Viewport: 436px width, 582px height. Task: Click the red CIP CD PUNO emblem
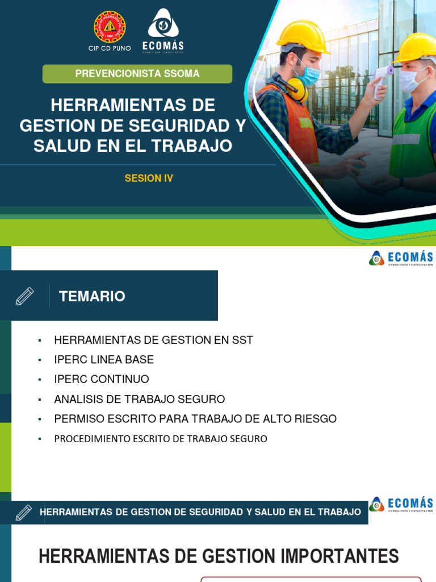click(110, 27)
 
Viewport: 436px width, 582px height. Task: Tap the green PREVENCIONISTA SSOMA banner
click(137, 74)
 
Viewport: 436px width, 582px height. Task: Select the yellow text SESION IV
click(149, 178)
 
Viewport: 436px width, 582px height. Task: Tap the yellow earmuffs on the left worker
click(295, 88)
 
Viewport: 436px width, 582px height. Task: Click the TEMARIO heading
click(92, 296)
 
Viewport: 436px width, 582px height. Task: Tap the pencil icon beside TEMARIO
click(24, 296)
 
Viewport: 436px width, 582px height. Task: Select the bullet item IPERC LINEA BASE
click(104, 360)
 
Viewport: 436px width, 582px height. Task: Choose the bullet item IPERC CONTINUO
click(102, 379)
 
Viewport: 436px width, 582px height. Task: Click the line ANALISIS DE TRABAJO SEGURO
click(140, 399)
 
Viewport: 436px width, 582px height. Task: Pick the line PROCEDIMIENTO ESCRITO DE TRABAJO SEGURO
click(161, 439)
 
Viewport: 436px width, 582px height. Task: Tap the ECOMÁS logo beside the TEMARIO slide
click(401, 258)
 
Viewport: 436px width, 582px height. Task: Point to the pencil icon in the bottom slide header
click(24, 512)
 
